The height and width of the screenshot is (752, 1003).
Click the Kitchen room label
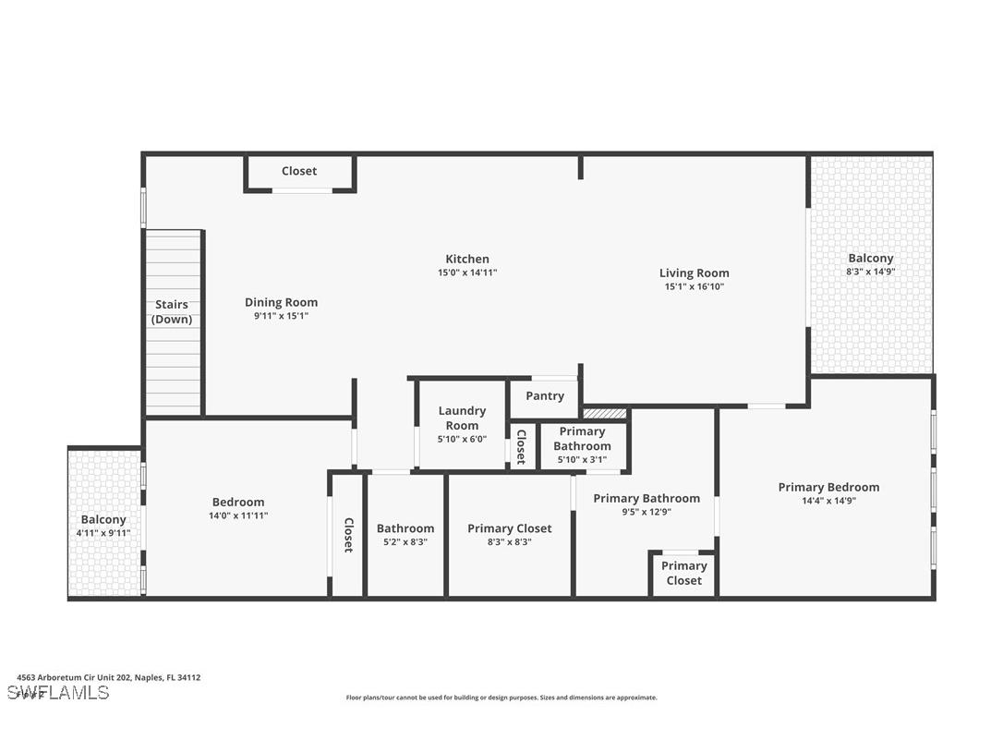coord(467,260)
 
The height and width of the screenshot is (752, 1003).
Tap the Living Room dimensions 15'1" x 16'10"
coord(694,286)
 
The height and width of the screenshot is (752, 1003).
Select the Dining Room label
coord(281,302)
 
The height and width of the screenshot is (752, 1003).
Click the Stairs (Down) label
coord(172,312)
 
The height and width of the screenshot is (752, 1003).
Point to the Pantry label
coord(545,395)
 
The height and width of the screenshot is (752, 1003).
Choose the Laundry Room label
coord(462,418)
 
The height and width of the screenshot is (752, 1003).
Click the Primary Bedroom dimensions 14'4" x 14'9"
coord(828,501)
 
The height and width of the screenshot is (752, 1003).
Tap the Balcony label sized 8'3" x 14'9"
coord(871,259)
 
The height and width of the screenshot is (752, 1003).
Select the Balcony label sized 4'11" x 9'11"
coord(103,520)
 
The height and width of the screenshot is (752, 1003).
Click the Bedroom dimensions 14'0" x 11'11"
coord(238,515)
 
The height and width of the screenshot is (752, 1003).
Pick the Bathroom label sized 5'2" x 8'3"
coord(405,528)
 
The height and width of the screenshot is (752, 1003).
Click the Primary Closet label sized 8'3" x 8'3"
coord(509,528)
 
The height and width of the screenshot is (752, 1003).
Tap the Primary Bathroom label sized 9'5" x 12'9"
coord(647,498)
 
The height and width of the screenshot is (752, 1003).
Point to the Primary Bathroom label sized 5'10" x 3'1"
coord(583,439)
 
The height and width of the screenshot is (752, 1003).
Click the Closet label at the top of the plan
coord(299,171)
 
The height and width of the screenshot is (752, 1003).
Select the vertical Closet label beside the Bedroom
coord(348,535)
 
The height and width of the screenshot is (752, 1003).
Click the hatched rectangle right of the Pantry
coord(605,413)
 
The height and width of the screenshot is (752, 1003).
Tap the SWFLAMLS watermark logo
coord(58,692)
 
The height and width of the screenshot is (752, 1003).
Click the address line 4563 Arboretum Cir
coord(103,677)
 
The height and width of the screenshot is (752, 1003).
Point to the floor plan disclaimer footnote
coord(501,697)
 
